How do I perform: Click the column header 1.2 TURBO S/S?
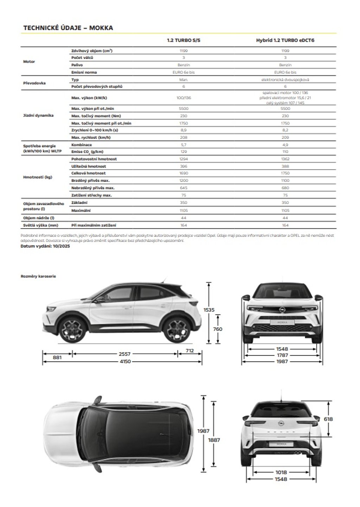coord(184,40)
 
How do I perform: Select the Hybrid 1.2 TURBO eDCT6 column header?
coord(285,40)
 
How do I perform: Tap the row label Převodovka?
coord(34,83)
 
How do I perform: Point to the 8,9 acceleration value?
coord(184,130)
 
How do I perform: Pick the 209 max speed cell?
coord(285,138)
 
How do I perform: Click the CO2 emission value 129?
coord(184,152)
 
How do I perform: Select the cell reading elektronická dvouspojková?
coord(285,80)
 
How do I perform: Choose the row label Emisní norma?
coord(84,72)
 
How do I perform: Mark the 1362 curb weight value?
coord(285,159)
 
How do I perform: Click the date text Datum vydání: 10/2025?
coord(45,246)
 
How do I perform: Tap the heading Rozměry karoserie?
coord(38,277)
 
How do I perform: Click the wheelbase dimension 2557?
coord(124,354)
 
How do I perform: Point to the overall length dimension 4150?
coord(125,362)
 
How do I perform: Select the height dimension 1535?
coord(209,310)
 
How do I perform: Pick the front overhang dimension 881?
coord(57,358)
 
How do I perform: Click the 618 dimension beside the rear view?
coord(328,419)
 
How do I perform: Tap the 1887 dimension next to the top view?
coord(214,440)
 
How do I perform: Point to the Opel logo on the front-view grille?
coord(282,310)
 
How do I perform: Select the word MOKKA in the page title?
coord(101,28)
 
